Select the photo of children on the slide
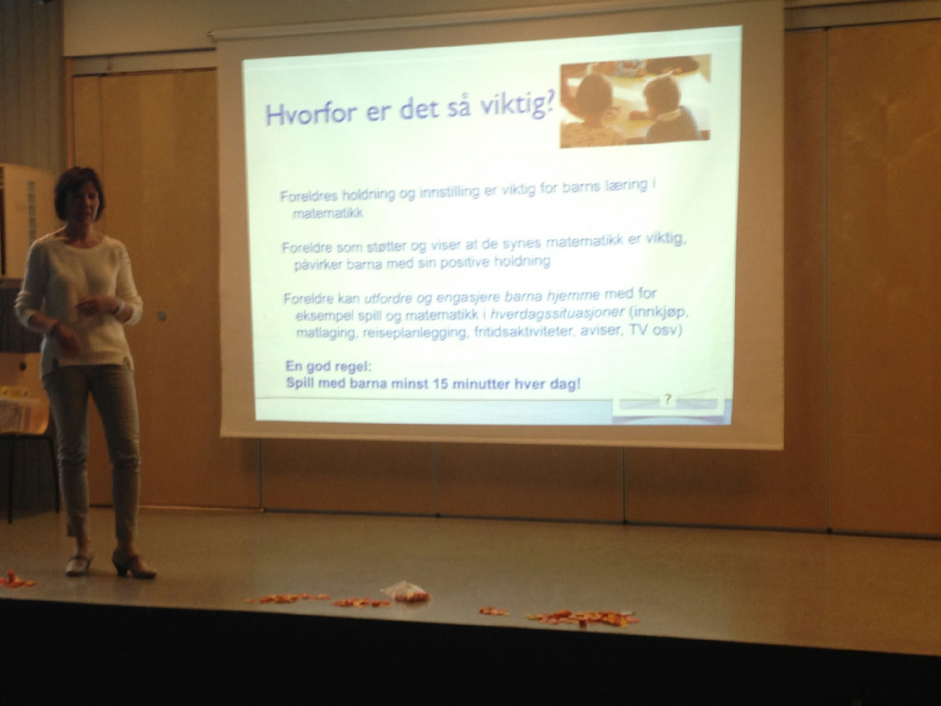(x=636, y=101)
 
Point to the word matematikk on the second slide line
(x=328, y=212)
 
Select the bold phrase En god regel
(x=328, y=367)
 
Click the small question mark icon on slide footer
(x=667, y=400)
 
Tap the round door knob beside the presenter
(x=162, y=315)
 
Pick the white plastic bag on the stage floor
(x=404, y=591)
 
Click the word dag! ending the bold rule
(x=565, y=383)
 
